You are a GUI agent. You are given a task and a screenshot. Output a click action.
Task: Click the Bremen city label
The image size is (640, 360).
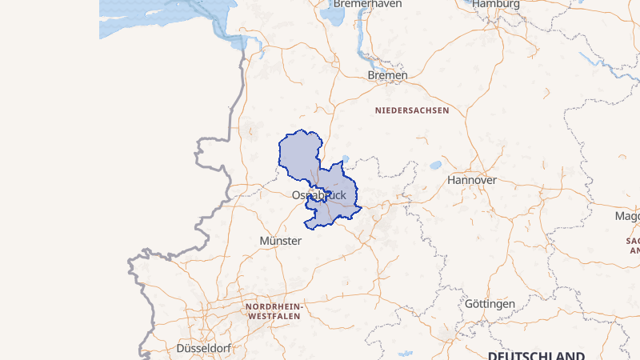tap(387, 75)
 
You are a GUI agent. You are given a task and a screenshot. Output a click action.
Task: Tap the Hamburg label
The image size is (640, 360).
tap(496, 4)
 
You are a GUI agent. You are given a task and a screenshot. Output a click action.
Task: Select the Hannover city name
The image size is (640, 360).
tap(472, 180)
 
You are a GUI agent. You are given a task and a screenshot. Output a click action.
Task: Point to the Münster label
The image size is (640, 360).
tap(281, 240)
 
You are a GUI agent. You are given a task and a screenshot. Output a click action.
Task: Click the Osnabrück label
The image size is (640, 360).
tap(319, 195)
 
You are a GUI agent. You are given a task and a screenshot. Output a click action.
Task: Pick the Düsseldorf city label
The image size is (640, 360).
tap(203, 349)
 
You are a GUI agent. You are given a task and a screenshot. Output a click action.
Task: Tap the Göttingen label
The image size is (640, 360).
tap(490, 305)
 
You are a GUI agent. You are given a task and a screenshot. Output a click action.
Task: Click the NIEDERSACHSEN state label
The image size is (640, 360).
tap(412, 110)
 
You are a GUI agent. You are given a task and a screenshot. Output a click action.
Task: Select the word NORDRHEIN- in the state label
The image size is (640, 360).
tap(274, 307)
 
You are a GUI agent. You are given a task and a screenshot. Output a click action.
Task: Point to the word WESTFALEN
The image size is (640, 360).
tap(274, 317)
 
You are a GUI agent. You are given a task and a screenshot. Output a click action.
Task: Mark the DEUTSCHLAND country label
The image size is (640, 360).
tap(536, 354)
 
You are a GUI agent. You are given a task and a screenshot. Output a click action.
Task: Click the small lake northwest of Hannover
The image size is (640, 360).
tap(435, 166)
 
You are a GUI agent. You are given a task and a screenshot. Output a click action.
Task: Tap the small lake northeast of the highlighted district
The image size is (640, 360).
tap(345, 158)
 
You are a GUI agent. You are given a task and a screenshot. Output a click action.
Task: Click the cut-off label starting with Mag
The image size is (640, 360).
tap(627, 217)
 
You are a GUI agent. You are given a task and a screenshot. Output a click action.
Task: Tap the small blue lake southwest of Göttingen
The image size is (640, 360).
tap(404, 352)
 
